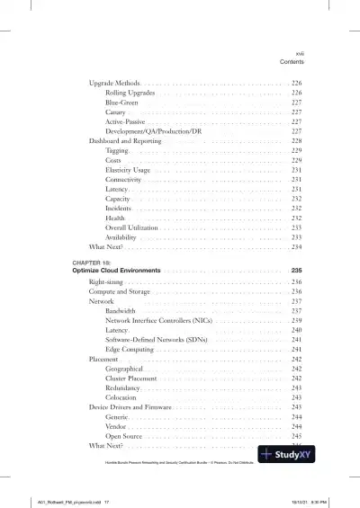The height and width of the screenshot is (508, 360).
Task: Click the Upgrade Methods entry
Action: tap(113, 83)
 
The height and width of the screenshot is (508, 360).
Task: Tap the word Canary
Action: tap(116, 112)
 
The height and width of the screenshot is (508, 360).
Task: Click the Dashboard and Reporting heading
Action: tap(126, 142)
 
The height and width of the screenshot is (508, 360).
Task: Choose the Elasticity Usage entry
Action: tap(127, 168)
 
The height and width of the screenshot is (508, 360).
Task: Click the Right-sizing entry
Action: tap(107, 282)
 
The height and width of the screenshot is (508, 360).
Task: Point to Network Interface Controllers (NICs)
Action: tap(158, 321)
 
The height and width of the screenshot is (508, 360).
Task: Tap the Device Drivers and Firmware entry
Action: tap(130, 407)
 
